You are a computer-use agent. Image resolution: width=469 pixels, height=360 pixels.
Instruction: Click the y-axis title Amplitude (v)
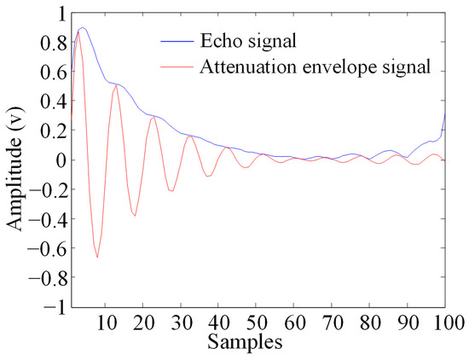click(16, 160)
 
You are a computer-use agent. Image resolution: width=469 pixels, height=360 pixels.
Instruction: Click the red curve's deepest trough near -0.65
click(97, 257)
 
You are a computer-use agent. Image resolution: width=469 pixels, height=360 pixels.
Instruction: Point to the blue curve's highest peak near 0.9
click(82, 28)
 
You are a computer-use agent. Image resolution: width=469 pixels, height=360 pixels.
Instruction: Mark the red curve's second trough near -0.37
click(135, 215)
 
